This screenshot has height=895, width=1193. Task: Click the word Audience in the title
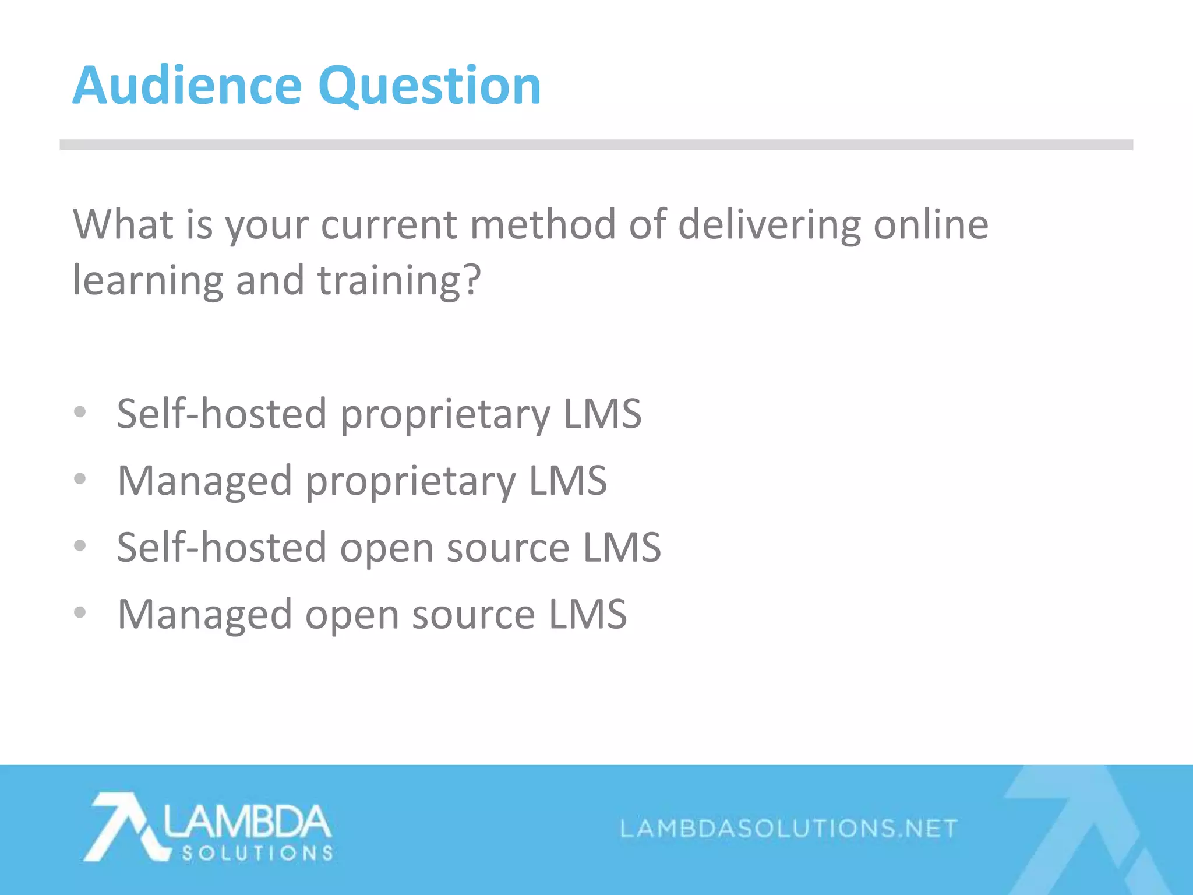pyautogui.click(x=187, y=86)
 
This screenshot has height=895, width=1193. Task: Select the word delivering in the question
pyautogui.click(x=770, y=225)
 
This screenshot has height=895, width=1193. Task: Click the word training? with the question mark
pyautogui.click(x=399, y=281)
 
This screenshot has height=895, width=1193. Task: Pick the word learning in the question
pyautogui.click(x=147, y=281)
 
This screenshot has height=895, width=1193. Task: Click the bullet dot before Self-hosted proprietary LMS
pyautogui.click(x=80, y=413)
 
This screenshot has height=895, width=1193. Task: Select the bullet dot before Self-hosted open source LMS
pyautogui.click(x=80, y=546)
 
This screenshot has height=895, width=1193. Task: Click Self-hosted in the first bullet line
pyautogui.click(x=221, y=414)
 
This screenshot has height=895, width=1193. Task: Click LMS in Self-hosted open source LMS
pyautogui.click(x=622, y=548)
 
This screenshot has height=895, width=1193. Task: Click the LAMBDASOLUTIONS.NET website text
pyautogui.click(x=789, y=828)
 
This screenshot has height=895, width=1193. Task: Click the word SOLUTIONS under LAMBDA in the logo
pyautogui.click(x=257, y=854)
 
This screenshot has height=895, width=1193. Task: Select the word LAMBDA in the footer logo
pyautogui.click(x=248, y=821)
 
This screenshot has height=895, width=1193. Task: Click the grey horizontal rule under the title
pyautogui.click(x=596, y=145)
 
